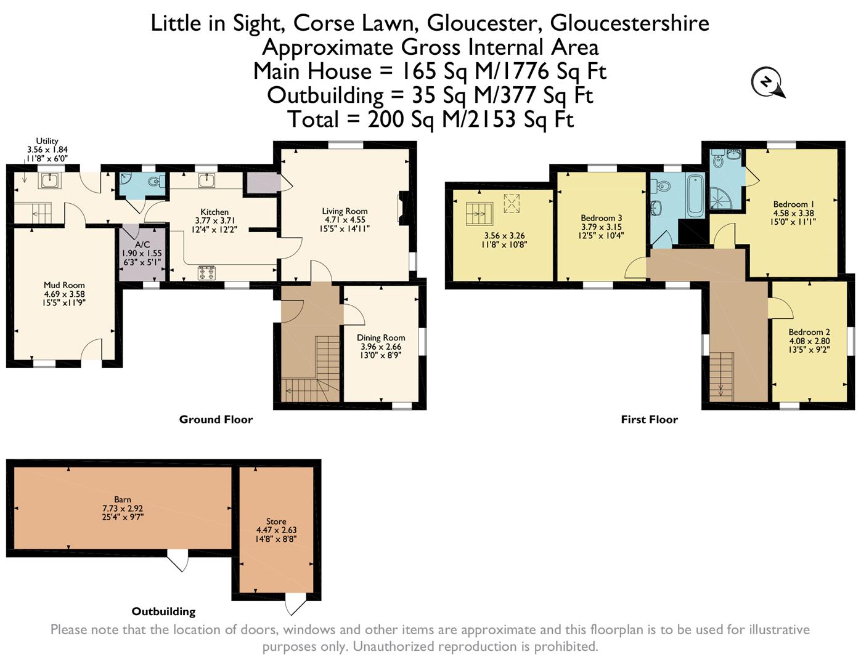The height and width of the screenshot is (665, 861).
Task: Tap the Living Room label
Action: pyautogui.click(x=345, y=211)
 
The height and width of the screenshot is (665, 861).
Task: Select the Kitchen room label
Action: pyautogui.click(x=214, y=212)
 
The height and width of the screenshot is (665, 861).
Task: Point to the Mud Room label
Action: pyautogui.click(x=64, y=285)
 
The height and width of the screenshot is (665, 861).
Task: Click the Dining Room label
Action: pyautogui.click(x=381, y=337)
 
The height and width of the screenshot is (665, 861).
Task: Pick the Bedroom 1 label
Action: pyautogui.click(x=794, y=204)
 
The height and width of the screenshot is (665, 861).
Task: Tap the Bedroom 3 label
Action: pyautogui.click(x=601, y=218)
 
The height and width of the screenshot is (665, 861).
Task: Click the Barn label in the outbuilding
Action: pyautogui.click(x=123, y=499)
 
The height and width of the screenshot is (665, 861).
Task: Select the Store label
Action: pyautogui.click(x=276, y=522)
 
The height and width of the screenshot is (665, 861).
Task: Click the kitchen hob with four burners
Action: pyautogui.click(x=206, y=272)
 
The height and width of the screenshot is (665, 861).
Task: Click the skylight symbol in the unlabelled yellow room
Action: pyautogui.click(x=512, y=203)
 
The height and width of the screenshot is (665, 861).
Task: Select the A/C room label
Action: pyautogui.click(x=142, y=244)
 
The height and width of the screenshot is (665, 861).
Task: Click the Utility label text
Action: pyautogui.click(x=47, y=140)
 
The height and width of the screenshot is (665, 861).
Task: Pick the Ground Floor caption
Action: pyautogui.click(x=216, y=419)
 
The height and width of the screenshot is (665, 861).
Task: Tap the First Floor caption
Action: pyautogui.click(x=650, y=419)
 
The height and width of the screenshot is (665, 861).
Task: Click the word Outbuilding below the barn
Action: pyautogui.click(x=164, y=611)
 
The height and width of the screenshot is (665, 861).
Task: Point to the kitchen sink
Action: pyautogui.click(x=206, y=180)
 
